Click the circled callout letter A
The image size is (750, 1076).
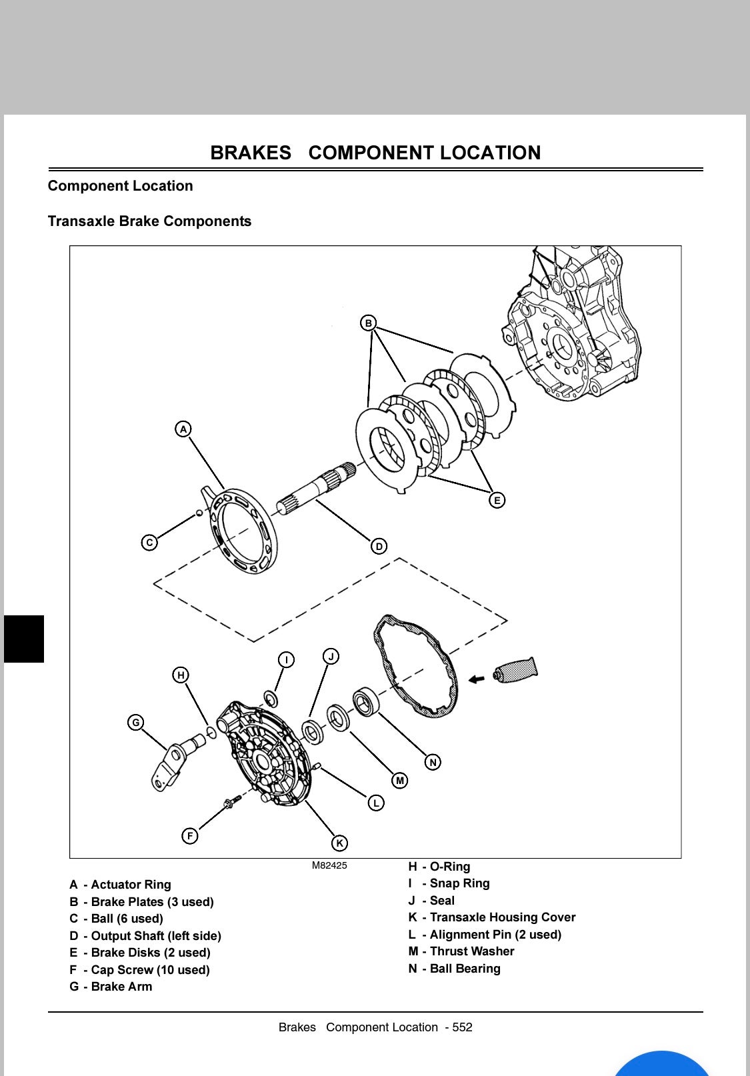183,429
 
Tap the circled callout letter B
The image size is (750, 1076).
368,323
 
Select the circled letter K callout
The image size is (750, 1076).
339,843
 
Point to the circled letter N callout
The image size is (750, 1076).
433,762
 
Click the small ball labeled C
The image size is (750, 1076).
199,513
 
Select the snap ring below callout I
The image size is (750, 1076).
271,699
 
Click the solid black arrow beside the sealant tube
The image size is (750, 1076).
476,679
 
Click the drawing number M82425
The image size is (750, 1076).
329,865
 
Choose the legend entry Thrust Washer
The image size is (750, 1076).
471,951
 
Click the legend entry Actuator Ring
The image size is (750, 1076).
131,885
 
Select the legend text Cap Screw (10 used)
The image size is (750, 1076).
150,970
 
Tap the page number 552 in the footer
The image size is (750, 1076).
462,1027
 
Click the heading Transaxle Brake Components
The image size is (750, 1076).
149,221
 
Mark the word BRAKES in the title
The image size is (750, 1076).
251,153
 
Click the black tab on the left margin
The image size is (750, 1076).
24,639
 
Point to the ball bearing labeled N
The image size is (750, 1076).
365,701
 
